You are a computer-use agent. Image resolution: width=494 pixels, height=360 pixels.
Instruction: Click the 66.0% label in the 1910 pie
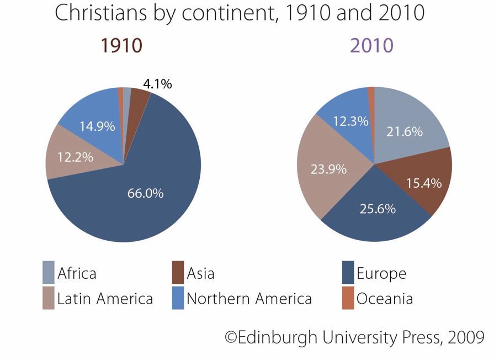pyautogui.click(x=146, y=193)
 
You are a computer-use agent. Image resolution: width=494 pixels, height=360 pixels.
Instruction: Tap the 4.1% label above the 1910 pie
pyautogui.click(x=157, y=84)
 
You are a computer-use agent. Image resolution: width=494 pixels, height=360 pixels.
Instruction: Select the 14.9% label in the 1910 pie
pyautogui.click(x=97, y=126)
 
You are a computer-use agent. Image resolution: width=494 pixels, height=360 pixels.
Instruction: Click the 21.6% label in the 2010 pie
pyautogui.click(x=405, y=131)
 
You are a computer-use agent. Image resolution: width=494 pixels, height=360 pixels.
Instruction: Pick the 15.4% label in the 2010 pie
pyautogui.click(x=424, y=183)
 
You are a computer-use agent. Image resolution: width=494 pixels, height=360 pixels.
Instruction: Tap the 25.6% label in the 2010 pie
pyautogui.click(x=378, y=209)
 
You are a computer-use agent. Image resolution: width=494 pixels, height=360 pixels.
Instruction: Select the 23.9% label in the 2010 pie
pyautogui.click(x=328, y=170)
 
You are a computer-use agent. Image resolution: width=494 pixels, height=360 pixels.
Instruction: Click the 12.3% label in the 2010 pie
pyautogui.click(x=350, y=121)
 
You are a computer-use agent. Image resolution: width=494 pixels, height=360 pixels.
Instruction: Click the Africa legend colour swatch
pyautogui.click(x=49, y=273)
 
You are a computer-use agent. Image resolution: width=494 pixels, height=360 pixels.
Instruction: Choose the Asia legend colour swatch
pyautogui.click(x=178, y=273)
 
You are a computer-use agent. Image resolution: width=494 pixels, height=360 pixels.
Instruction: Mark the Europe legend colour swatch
pyautogui.click(x=348, y=273)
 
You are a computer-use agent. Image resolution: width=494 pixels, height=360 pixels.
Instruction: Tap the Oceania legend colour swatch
pyautogui.click(x=348, y=299)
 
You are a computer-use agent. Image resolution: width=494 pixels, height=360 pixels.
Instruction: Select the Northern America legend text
pyautogui.click(x=249, y=299)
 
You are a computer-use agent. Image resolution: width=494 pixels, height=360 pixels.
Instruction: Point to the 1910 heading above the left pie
pyautogui.click(x=121, y=46)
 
